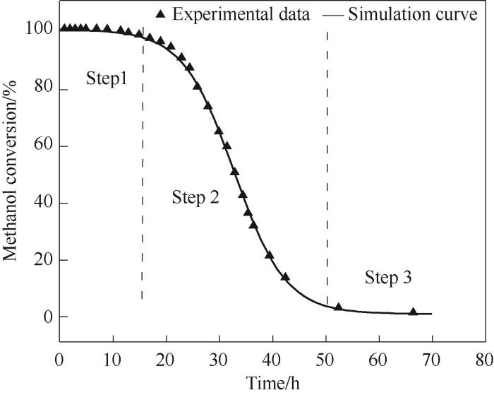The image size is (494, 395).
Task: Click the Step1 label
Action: coord(107,79)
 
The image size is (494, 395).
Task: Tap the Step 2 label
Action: coord(195,198)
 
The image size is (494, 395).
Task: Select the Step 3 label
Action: coord(388,278)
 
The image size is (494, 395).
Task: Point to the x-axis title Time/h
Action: coord(272,384)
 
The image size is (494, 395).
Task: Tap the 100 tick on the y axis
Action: coord(37,29)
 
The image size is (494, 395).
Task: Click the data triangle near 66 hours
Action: coord(413,312)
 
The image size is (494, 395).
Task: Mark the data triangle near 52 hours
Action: coord(338,307)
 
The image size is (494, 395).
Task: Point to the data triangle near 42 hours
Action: coord(285,277)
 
